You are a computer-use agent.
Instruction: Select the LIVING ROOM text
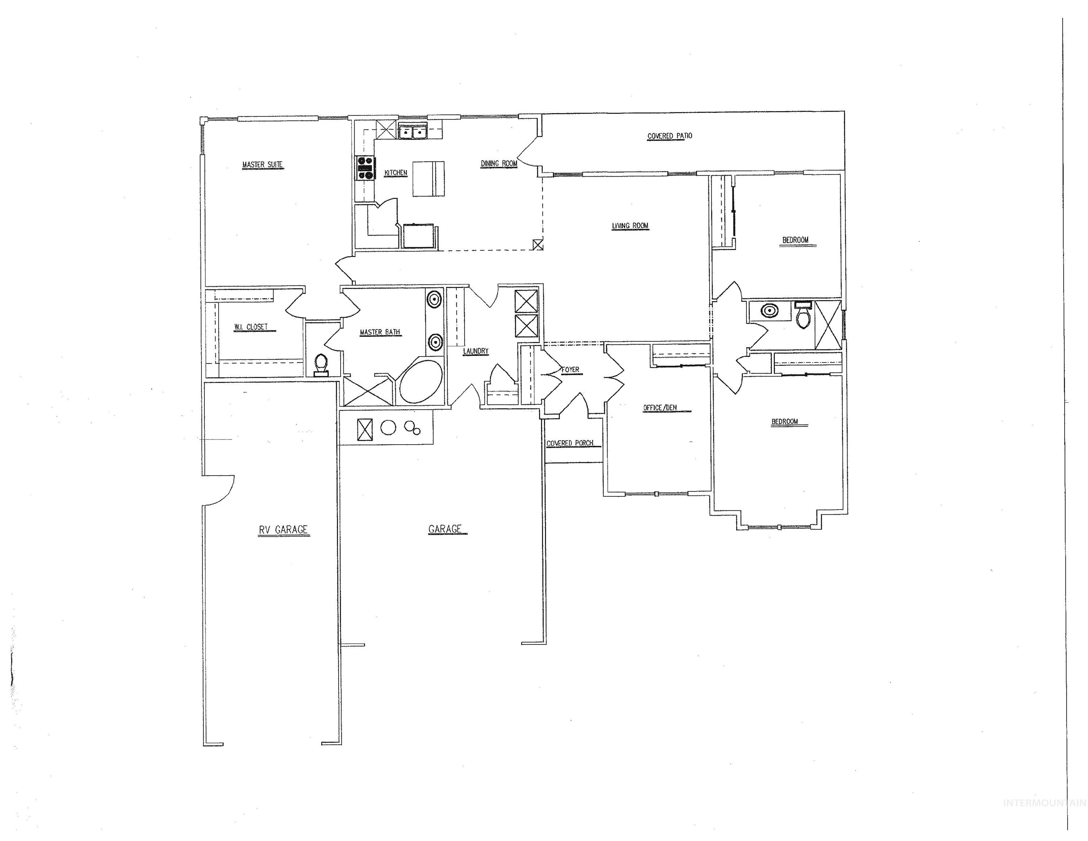tap(630, 226)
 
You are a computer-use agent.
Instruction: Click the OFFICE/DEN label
tap(660, 408)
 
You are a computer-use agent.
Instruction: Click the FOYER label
tap(570, 370)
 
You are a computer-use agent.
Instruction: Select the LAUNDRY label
tap(476, 351)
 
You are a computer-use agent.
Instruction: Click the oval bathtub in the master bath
tap(421, 382)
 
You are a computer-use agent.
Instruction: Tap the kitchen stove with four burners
tap(365, 168)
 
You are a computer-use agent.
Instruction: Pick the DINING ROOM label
tap(499, 164)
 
